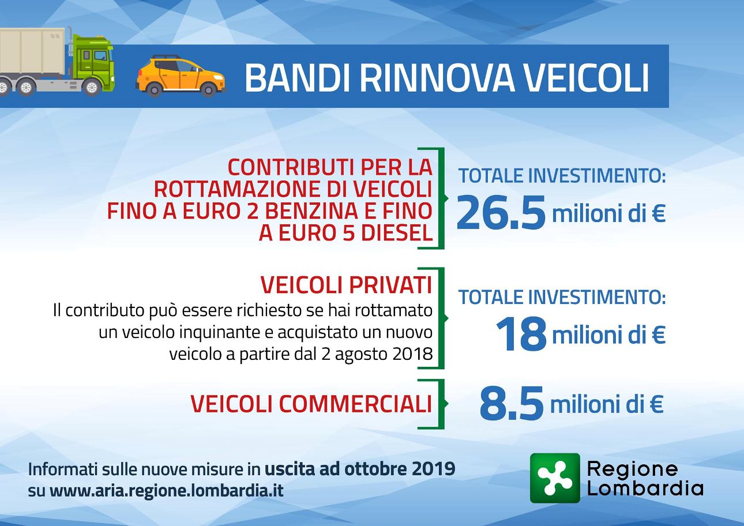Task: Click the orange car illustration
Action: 181,76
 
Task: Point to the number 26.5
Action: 501,212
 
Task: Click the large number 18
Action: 521,333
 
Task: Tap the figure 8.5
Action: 512,403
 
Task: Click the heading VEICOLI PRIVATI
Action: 346,284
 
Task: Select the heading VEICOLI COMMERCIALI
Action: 311,403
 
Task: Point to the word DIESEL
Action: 397,233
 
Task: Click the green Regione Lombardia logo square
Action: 555,479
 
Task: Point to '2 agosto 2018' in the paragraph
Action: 377,354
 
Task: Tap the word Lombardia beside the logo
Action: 645,488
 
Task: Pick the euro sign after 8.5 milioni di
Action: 656,404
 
